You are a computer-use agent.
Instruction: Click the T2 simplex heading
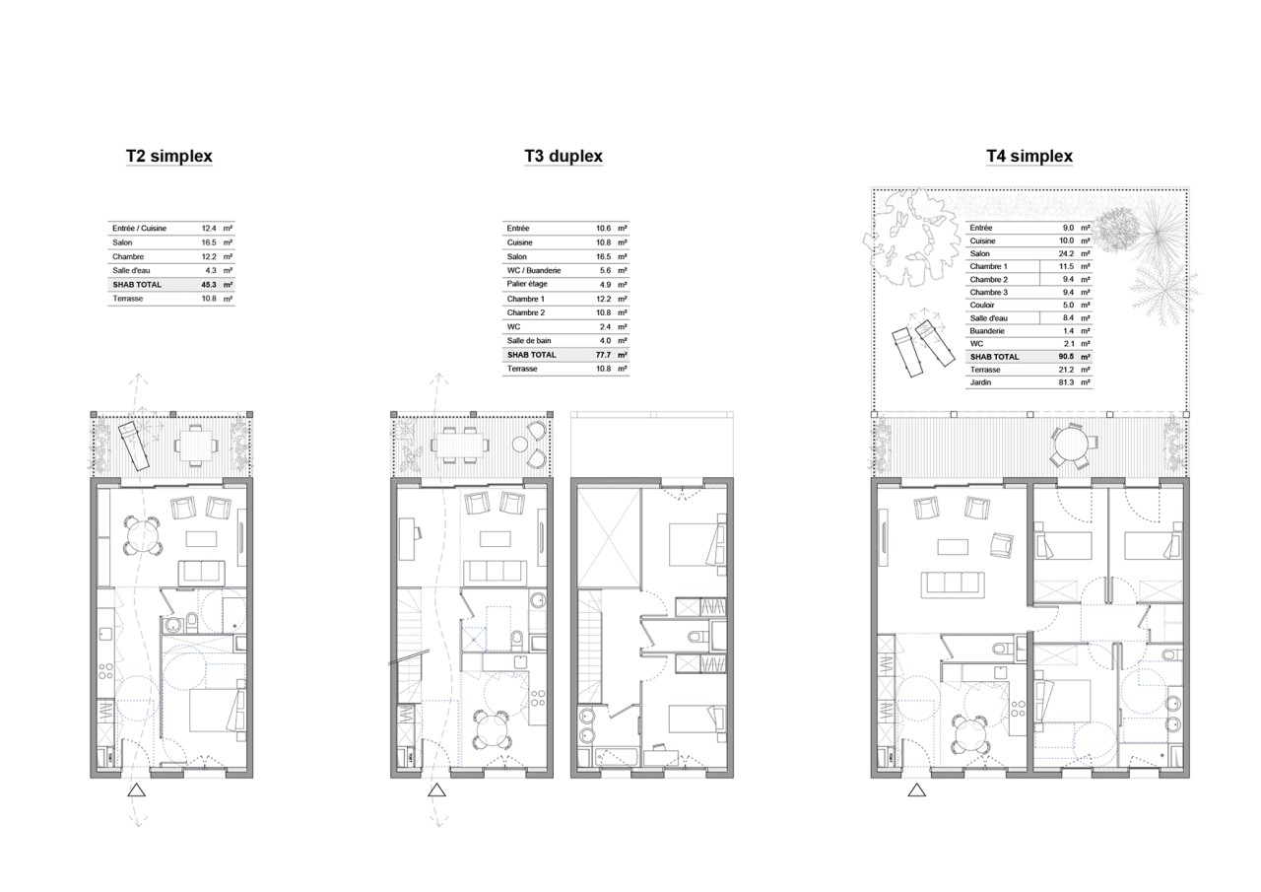(x=168, y=156)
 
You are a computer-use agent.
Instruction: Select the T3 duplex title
(x=564, y=156)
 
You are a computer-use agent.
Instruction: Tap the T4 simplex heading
(x=1029, y=156)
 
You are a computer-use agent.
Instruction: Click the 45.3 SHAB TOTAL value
(x=209, y=285)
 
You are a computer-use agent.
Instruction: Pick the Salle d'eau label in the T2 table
(x=131, y=271)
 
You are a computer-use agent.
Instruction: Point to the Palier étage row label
(x=527, y=285)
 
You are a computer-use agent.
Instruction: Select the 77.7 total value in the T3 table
(x=604, y=356)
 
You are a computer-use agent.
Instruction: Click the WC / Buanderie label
(x=534, y=271)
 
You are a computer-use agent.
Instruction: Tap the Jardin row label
(x=980, y=382)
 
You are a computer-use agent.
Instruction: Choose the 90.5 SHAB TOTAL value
(x=1066, y=357)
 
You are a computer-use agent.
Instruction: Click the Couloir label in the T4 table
(x=982, y=306)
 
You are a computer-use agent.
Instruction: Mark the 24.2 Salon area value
(x=1066, y=254)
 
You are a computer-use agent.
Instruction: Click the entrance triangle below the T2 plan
(x=136, y=790)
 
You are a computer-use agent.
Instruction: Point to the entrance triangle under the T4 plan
(x=916, y=790)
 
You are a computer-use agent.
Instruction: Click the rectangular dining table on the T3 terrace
(x=458, y=445)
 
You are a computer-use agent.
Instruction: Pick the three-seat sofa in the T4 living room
(x=953, y=584)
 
